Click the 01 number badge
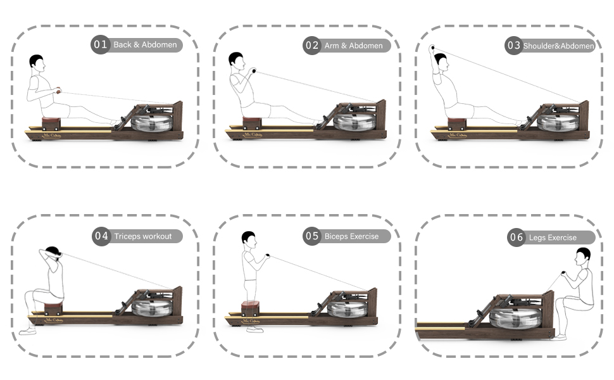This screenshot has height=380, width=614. point(101,44)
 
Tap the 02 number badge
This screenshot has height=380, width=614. point(311,45)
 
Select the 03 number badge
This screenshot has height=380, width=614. point(513,45)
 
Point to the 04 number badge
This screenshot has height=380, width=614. point(101,236)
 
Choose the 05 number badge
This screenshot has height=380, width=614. point(312,236)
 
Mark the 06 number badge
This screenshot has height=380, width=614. point(517,237)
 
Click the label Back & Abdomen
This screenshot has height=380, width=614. point(145,45)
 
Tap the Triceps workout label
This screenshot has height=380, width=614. point(143,236)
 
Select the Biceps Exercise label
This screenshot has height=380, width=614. point(351,236)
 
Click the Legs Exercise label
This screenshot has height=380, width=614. point(553,237)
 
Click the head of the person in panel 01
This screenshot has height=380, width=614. point(37,62)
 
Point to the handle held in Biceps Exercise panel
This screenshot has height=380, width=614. point(268,256)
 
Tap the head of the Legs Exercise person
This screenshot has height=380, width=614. point(582,256)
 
